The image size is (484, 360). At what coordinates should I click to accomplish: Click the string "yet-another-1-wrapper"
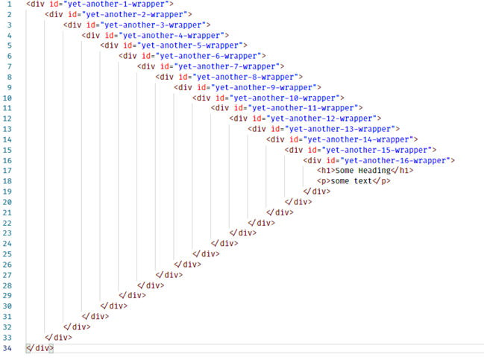[x=116, y=4]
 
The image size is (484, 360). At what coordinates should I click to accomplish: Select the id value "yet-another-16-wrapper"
[x=396, y=160]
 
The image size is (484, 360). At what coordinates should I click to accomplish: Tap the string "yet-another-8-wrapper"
[x=247, y=77]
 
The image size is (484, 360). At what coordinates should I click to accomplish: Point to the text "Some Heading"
[x=363, y=171]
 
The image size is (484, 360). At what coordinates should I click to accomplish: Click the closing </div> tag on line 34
[x=40, y=347]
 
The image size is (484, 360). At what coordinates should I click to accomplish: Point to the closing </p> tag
[x=381, y=181]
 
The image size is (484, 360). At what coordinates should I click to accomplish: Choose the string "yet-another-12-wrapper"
[x=323, y=119]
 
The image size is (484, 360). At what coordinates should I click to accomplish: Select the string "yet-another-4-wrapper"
[x=173, y=35]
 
